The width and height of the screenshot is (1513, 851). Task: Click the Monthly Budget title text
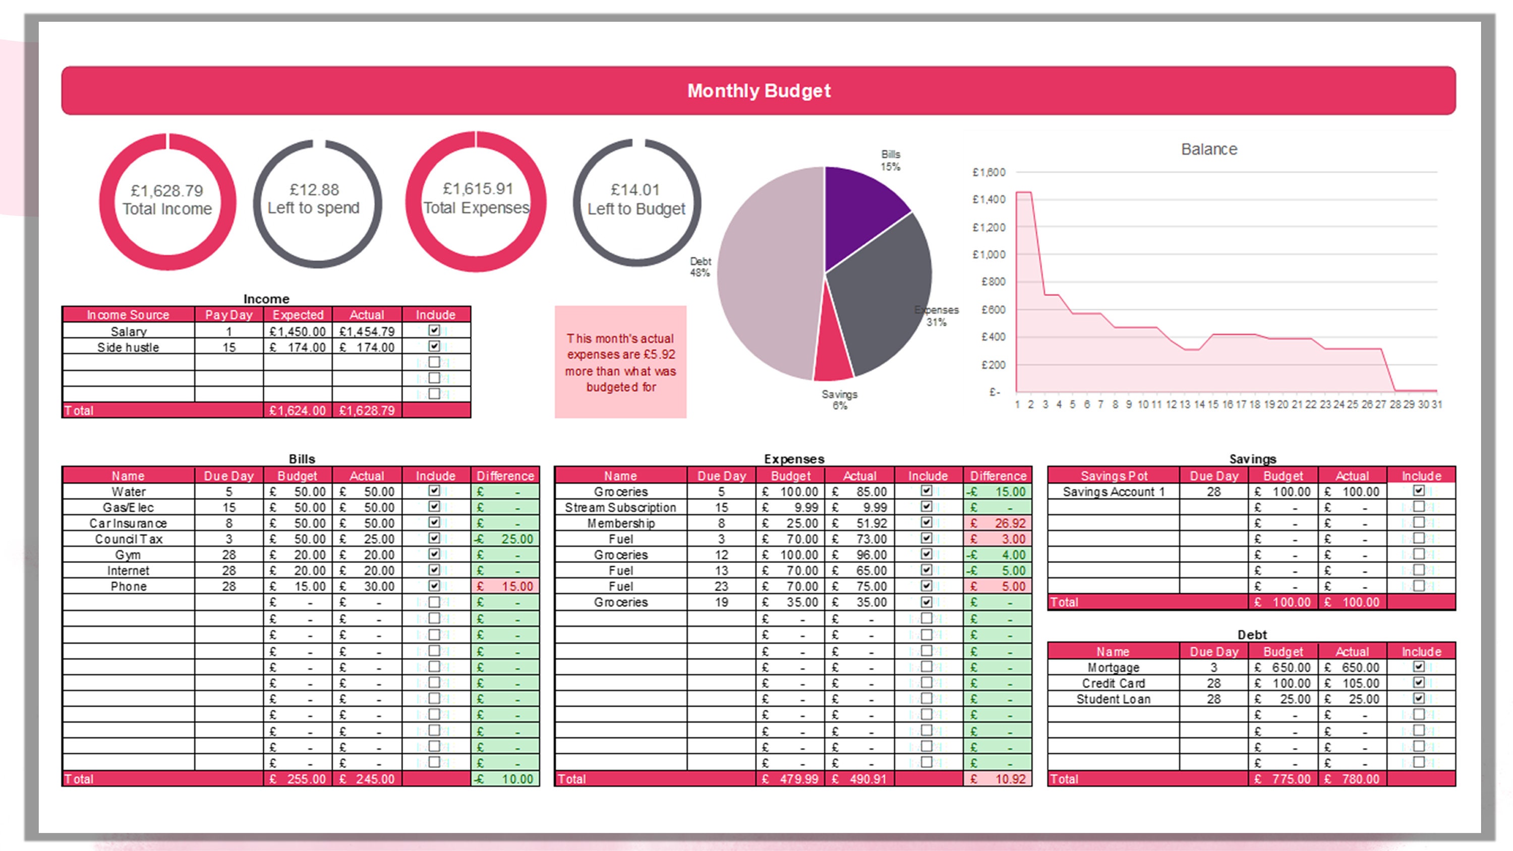[x=758, y=91]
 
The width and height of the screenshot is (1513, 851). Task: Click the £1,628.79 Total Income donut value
[x=167, y=191]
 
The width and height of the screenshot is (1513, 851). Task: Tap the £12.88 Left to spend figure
[x=314, y=190]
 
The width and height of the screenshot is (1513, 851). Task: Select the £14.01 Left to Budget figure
[x=635, y=190]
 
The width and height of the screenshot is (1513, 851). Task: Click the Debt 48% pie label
[x=700, y=267]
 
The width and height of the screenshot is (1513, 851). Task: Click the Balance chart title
[x=1209, y=149]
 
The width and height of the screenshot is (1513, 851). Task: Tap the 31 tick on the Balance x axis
[x=1436, y=405]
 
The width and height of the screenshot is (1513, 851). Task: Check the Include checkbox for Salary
[x=434, y=330]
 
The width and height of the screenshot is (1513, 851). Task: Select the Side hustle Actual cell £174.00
[x=367, y=347]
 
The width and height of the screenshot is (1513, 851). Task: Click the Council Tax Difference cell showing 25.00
[x=505, y=539]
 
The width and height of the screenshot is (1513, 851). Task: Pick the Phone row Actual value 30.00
[x=367, y=586]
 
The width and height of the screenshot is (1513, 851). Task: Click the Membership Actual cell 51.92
[x=859, y=523]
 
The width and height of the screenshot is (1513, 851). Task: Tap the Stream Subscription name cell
[x=620, y=507]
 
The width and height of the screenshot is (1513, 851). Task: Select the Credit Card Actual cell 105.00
[x=1352, y=683]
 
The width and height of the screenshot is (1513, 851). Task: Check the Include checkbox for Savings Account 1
[x=1418, y=491]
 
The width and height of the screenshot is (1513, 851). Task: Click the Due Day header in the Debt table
[x=1213, y=651]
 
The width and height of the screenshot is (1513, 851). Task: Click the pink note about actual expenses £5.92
[x=620, y=362]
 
